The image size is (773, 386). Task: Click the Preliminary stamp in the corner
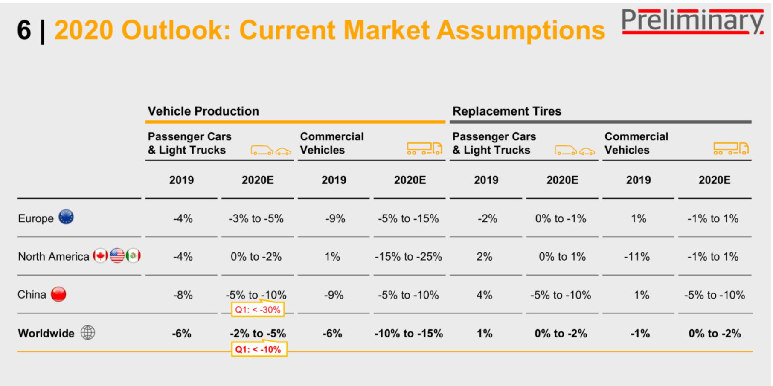tap(692, 21)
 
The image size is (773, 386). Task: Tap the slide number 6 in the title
tap(24, 30)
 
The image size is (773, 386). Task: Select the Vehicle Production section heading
tap(203, 111)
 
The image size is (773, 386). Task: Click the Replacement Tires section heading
tap(507, 111)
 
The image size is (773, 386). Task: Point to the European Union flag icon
tap(66, 217)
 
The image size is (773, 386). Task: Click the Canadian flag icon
tap(100, 256)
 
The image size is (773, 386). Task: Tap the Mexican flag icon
tap(133, 256)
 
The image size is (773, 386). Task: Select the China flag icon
tap(58, 294)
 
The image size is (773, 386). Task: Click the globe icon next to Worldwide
tap(88, 333)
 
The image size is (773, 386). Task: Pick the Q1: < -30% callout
tap(258, 309)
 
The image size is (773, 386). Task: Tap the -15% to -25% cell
tap(408, 257)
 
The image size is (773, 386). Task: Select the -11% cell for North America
tap(637, 257)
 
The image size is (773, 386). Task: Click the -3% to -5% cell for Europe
tap(256, 219)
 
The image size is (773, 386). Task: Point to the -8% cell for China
tap(183, 295)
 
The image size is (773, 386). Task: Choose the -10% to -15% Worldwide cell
tap(409, 334)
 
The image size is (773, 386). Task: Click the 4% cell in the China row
tap(484, 295)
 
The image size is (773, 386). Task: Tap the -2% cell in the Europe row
tap(487, 219)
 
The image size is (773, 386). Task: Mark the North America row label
tap(53, 257)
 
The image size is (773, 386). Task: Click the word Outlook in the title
tap(176, 30)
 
